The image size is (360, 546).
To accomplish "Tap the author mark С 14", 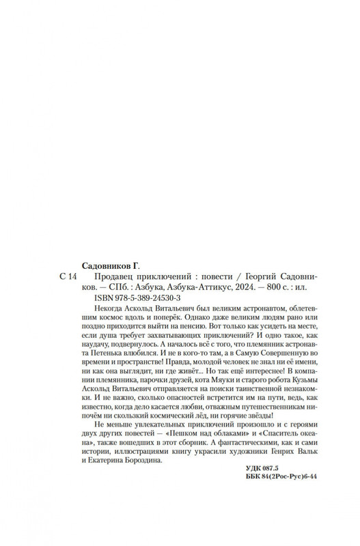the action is coord(68,276).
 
